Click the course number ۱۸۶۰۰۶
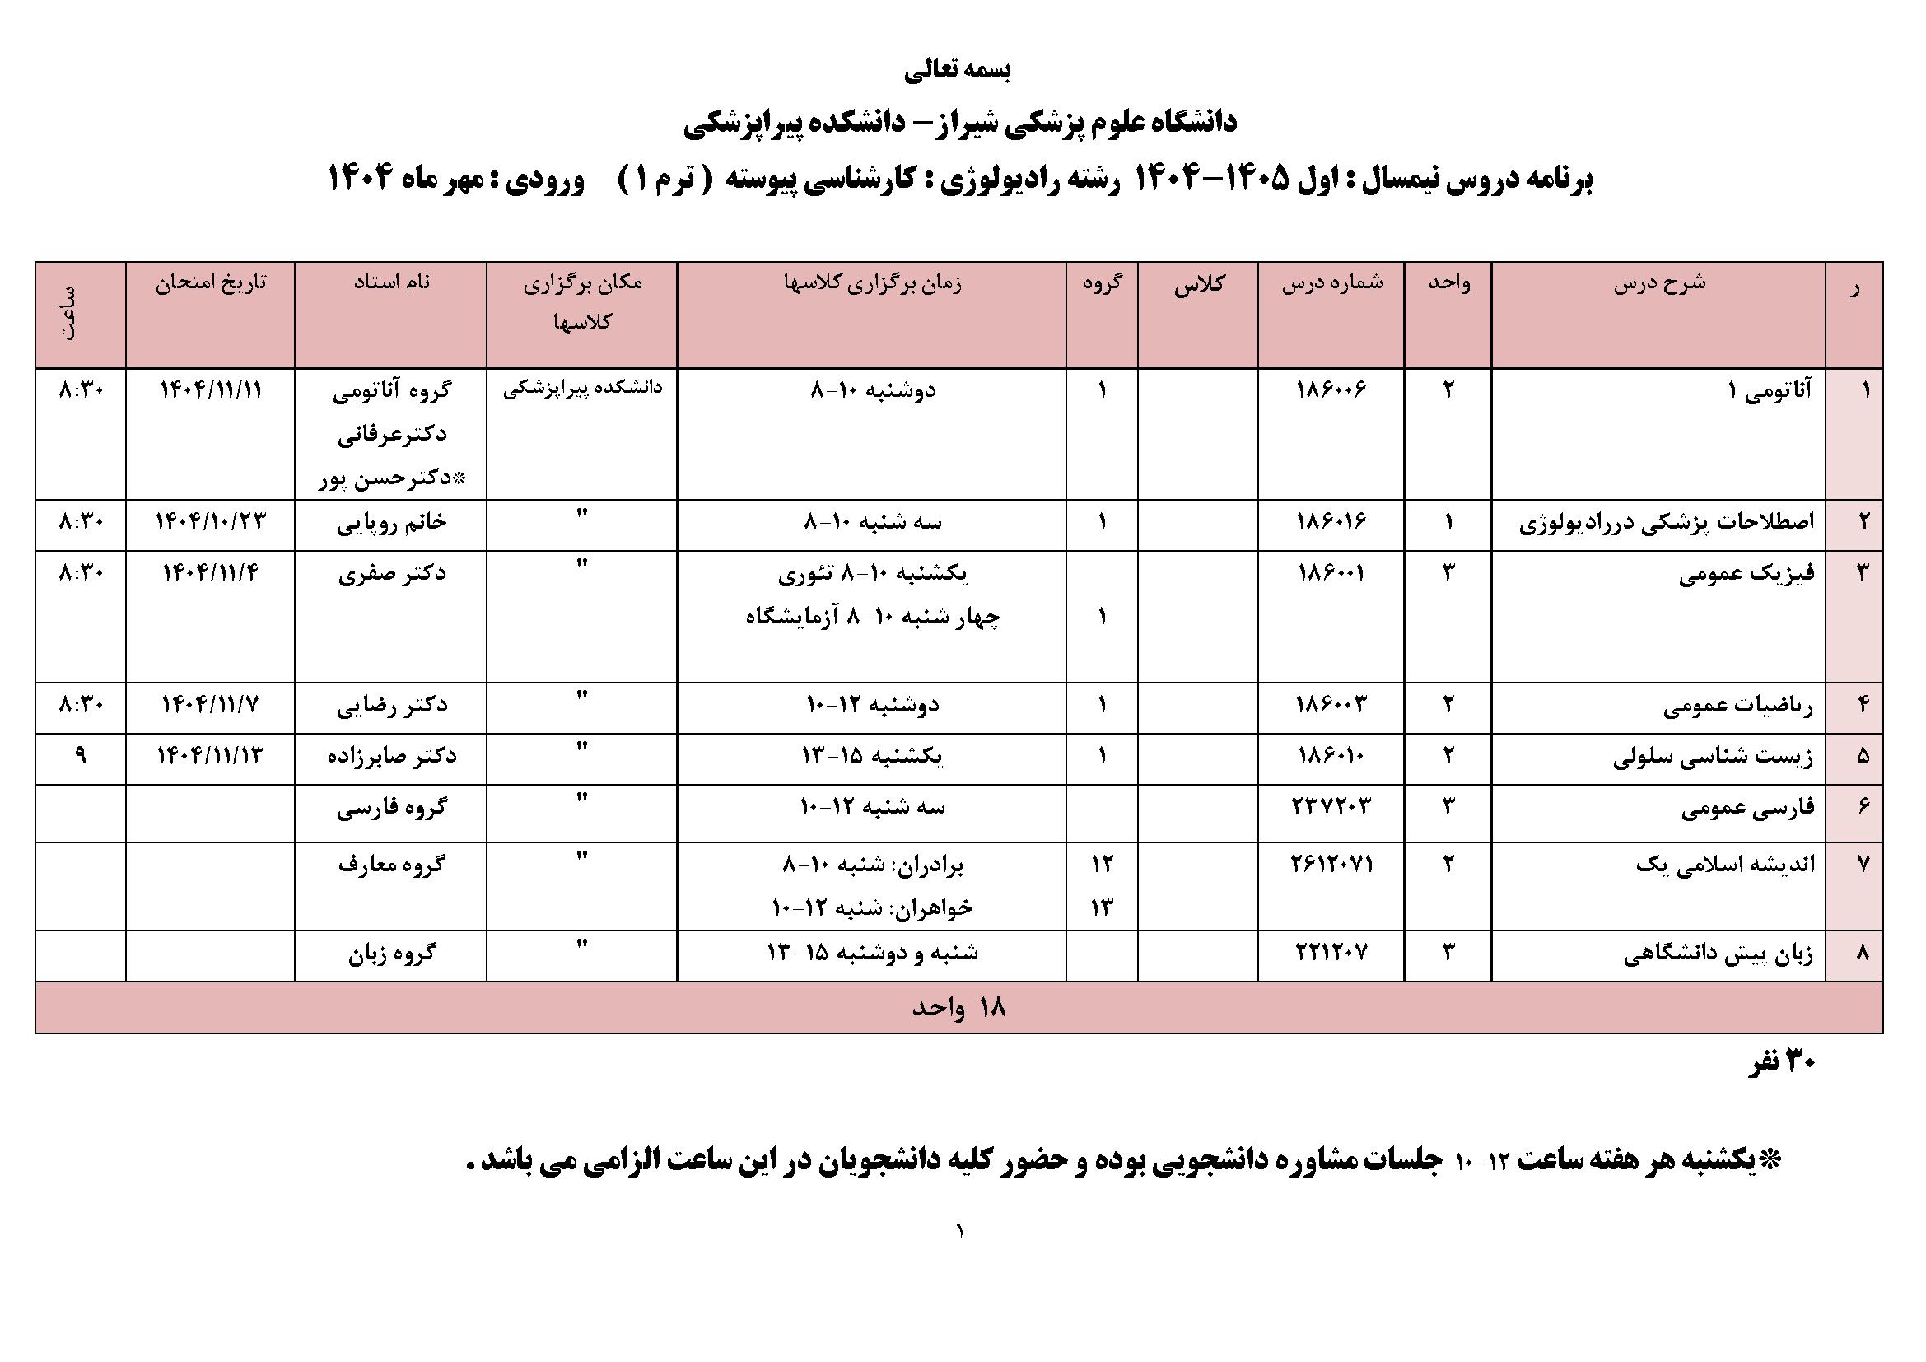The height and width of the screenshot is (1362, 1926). pos(1331,390)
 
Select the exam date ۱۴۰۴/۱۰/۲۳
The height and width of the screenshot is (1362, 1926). pos(211,521)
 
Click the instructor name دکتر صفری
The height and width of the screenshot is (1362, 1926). pos(392,574)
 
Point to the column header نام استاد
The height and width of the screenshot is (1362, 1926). pos(392,282)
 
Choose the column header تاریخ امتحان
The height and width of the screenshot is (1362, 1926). pos(211,282)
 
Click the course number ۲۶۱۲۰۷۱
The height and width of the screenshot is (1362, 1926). pos(1331,863)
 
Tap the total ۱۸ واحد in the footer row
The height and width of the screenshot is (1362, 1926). pos(958,1008)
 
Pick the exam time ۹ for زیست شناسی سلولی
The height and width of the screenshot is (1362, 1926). pos(81,756)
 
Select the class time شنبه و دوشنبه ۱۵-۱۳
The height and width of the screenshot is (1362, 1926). pos(872,954)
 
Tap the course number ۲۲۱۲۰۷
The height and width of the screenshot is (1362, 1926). pos(1331,954)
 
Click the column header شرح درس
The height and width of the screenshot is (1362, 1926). pos(1659,282)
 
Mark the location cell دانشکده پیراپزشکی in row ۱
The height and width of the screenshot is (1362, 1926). pos(582,389)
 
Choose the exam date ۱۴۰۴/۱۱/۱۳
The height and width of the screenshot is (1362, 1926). pos(211,756)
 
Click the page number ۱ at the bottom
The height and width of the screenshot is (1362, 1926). pos(958,1232)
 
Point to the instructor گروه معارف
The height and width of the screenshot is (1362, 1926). pos(392,864)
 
